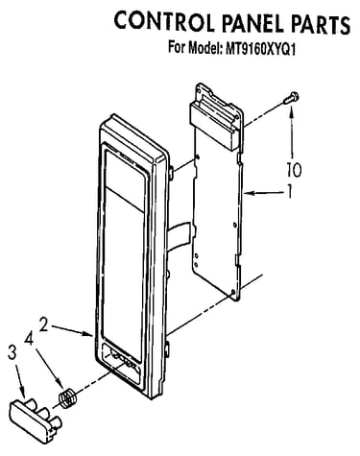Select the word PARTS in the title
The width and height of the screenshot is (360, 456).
point(322,24)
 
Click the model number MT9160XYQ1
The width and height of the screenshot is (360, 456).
point(260,49)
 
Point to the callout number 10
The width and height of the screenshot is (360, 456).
point(294,169)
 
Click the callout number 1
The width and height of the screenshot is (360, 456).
point(289,191)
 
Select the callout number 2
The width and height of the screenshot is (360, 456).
point(44,324)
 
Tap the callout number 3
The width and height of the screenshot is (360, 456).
point(12,353)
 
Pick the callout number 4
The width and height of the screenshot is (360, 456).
point(29,339)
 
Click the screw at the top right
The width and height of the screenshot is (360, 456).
point(291,97)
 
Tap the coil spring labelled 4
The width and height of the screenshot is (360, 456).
point(67,397)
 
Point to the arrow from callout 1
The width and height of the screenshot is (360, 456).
point(263,193)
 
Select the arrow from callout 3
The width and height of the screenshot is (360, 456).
point(19,381)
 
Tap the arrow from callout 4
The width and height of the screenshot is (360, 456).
point(49,367)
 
